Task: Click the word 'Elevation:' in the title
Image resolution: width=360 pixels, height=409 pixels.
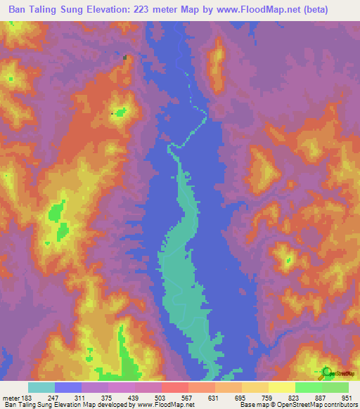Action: pyautogui.click(x=117, y=10)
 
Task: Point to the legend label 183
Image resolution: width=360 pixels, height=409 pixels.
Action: pyautogui.click(x=27, y=397)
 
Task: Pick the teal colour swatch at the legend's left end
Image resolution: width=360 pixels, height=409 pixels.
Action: pyautogui.click(x=41, y=387)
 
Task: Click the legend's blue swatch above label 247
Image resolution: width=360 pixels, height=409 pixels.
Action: pyautogui.click(x=68, y=387)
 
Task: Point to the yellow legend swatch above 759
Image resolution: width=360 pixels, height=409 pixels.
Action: pyautogui.click(x=255, y=387)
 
